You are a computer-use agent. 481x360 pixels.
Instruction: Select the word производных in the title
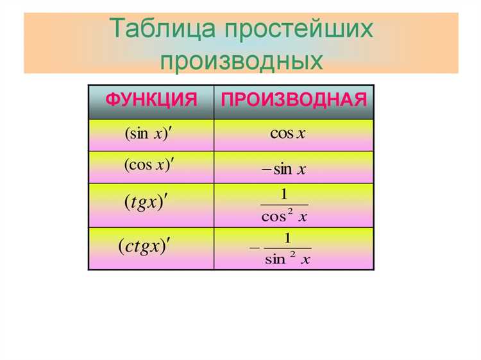(x=240, y=60)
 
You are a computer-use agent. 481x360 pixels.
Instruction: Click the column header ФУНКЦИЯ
(x=151, y=101)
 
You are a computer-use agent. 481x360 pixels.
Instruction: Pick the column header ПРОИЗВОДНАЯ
(x=294, y=101)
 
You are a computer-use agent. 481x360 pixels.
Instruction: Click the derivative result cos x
(x=287, y=133)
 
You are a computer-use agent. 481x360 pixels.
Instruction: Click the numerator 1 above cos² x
(x=284, y=194)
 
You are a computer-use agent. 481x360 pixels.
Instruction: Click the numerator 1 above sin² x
(x=288, y=238)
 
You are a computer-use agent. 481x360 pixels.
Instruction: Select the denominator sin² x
(x=287, y=259)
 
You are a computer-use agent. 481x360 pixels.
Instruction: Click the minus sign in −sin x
(x=266, y=170)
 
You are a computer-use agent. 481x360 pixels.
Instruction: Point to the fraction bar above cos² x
(x=285, y=205)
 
